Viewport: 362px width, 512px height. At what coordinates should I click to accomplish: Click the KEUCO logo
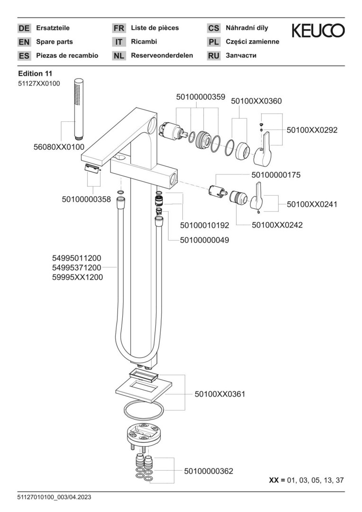318,31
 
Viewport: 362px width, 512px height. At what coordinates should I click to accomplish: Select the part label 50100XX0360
256,101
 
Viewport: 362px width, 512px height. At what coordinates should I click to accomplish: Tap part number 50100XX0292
312,130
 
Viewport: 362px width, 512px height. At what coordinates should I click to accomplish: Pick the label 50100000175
276,175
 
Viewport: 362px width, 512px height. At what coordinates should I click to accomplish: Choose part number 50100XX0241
312,204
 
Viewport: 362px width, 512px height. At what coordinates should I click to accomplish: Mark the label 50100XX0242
277,225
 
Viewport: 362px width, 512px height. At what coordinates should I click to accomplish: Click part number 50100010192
205,225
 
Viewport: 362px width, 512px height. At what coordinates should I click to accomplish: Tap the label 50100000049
205,240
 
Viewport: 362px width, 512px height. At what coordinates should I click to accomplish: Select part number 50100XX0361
220,394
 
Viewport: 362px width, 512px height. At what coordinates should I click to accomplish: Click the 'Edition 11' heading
35,73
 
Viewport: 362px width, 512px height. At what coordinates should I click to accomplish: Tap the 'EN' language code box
24,42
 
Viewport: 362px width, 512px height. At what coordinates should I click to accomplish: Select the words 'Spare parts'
54,42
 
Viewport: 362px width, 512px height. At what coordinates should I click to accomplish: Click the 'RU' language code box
214,55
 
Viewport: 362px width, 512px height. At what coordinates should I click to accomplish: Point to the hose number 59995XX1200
78,277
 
